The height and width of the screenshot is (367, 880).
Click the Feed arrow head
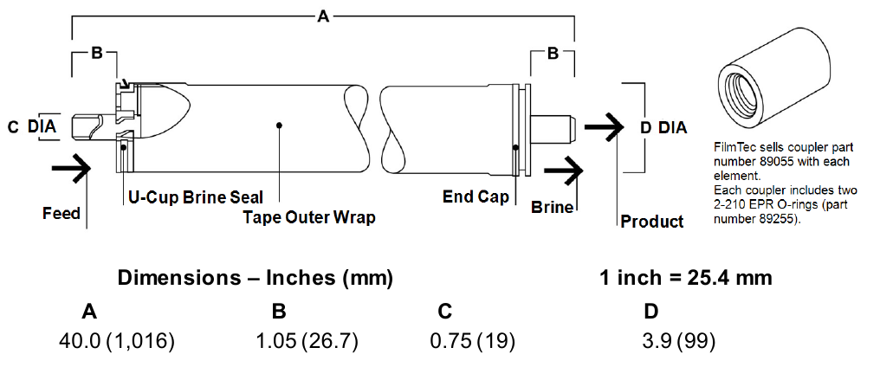click(x=83, y=169)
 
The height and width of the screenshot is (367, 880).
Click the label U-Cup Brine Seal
click(x=196, y=197)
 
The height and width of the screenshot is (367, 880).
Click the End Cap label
click(x=476, y=196)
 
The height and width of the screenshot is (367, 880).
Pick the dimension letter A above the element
click(x=323, y=16)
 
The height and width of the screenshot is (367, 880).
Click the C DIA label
click(x=32, y=127)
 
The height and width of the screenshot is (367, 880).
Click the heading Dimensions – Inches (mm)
click(x=256, y=279)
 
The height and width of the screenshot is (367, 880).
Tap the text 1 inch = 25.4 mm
click(x=684, y=279)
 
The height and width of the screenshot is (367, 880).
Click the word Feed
click(x=61, y=213)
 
